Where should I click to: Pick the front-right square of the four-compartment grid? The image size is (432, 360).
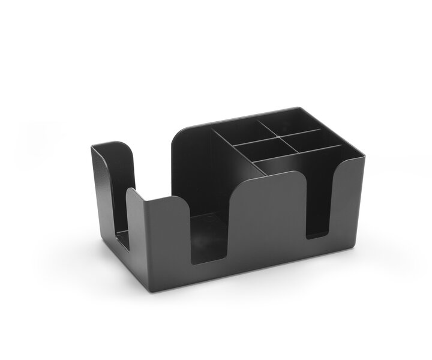click(x=303, y=139)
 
